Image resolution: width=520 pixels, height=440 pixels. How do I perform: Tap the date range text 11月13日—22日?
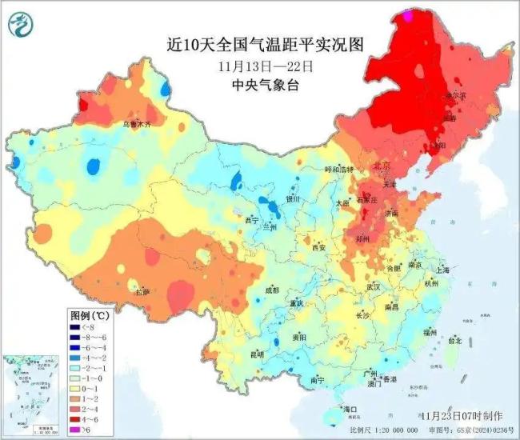259,66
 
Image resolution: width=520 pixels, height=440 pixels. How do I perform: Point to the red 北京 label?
381,166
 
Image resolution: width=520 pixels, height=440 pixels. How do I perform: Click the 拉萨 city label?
142,293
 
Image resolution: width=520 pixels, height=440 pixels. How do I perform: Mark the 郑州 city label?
364,238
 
